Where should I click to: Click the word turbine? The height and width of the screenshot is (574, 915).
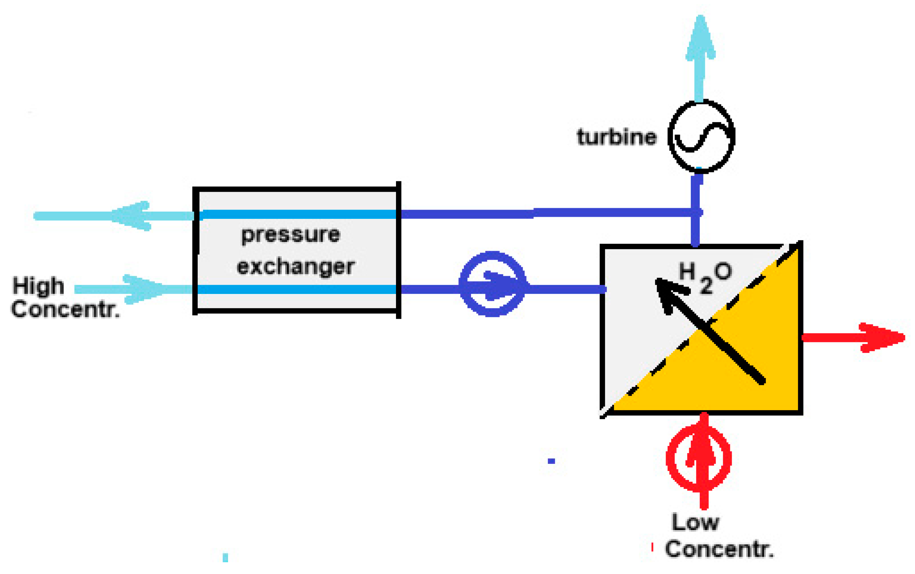(x=616, y=137)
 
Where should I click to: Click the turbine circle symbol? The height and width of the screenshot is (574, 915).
(x=701, y=136)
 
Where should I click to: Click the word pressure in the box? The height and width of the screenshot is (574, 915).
(x=291, y=235)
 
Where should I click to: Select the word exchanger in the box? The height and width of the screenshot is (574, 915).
(x=296, y=267)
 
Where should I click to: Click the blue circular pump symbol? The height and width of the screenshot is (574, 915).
(x=492, y=284)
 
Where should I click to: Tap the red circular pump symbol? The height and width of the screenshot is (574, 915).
(x=698, y=458)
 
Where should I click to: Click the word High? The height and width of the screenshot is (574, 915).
(x=38, y=286)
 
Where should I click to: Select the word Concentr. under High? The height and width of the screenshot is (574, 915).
(x=65, y=309)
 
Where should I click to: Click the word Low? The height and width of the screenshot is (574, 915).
(x=695, y=523)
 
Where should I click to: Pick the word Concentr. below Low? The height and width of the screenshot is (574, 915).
(x=719, y=549)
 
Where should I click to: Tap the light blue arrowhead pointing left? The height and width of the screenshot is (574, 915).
(x=131, y=216)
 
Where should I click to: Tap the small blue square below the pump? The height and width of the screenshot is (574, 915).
(x=551, y=461)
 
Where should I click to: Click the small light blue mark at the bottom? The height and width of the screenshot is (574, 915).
(x=225, y=557)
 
